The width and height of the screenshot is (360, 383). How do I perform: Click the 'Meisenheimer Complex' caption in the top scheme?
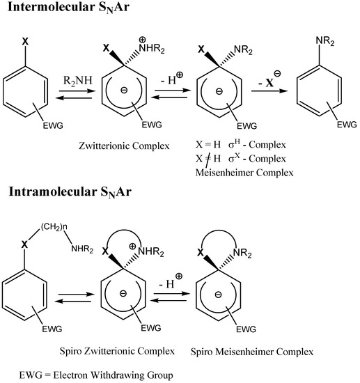231,174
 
